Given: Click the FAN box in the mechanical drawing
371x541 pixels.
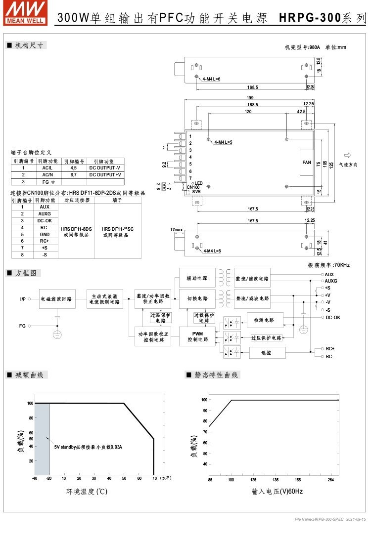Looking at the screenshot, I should pos(307,162).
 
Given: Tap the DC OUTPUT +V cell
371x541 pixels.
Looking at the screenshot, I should pos(105,174).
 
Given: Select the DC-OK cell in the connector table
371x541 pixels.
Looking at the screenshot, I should pos(45,220).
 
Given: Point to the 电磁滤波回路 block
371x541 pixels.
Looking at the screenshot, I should pos(58,299).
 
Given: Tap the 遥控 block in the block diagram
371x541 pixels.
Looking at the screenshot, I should pos(266,352).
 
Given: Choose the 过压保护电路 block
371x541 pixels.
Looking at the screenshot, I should pos(266,338).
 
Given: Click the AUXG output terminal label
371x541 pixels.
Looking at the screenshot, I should pos(331,281).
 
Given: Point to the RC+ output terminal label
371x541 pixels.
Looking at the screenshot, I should pos(330,348).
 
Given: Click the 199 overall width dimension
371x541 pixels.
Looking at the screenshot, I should pos(250,97).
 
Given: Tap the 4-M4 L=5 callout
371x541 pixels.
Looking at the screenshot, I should pos(224,142).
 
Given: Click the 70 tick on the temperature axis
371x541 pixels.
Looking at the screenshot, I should pos(154,478).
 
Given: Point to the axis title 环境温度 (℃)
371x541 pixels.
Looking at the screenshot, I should pos(87,492).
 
